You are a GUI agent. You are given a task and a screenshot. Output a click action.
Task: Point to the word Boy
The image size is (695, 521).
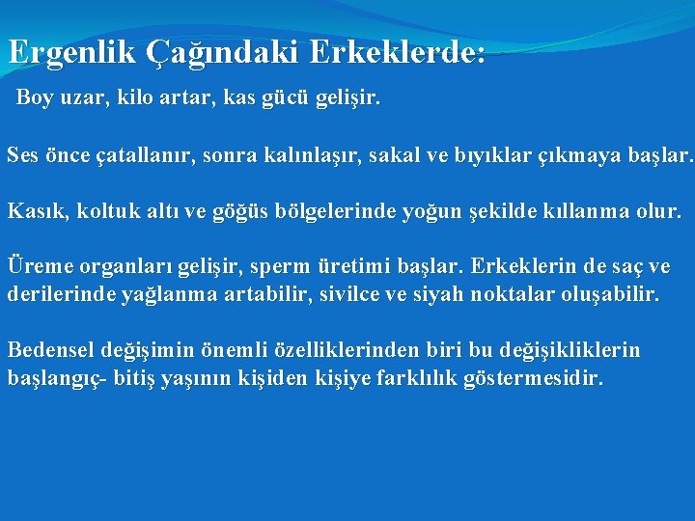pos(36,98)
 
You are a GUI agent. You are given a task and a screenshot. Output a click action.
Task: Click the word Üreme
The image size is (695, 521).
pos(36,265)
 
